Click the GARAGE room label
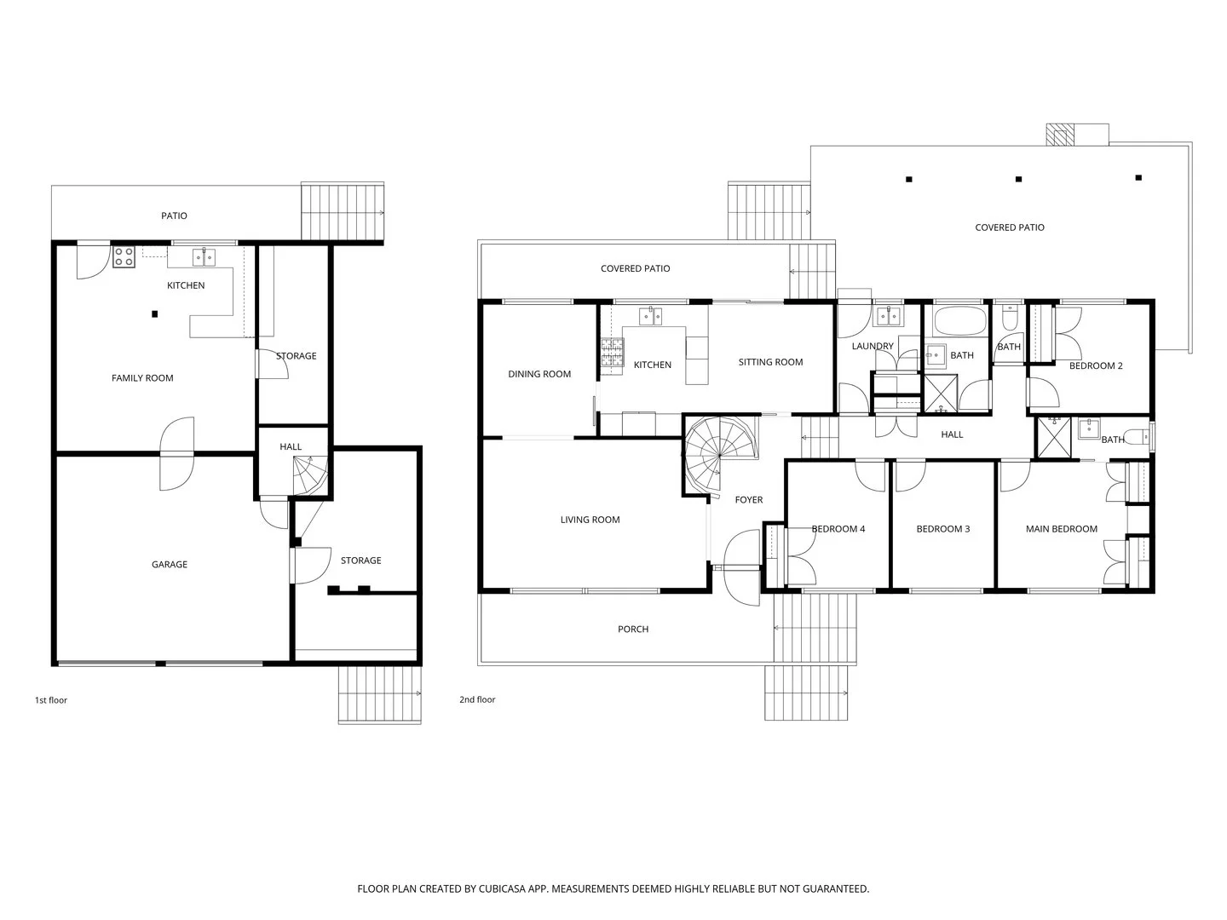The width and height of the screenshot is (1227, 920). point(169,564)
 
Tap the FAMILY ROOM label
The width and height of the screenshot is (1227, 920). point(142,378)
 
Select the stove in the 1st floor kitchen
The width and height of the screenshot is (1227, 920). point(124,256)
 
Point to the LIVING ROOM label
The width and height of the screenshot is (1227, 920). point(590,520)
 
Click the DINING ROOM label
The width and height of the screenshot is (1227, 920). point(539,374)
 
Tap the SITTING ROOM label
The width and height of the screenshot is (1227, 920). point(770,362)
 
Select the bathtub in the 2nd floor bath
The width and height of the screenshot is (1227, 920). point(959,321)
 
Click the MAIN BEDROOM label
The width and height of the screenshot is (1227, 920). point(1061,529)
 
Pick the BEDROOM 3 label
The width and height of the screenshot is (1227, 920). point(942,529)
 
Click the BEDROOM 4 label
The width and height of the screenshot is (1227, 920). point(838,529)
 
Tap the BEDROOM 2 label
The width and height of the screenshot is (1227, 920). point(1096,365)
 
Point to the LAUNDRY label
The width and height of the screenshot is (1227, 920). point(873,346)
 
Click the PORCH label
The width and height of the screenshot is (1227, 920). point(633,630)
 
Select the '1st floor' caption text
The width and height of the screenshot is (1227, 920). point(50,700)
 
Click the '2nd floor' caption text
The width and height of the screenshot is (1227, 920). point(477,700)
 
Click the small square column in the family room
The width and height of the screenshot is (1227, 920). point(154,314)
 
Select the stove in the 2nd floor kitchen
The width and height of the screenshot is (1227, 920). point(611,353)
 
